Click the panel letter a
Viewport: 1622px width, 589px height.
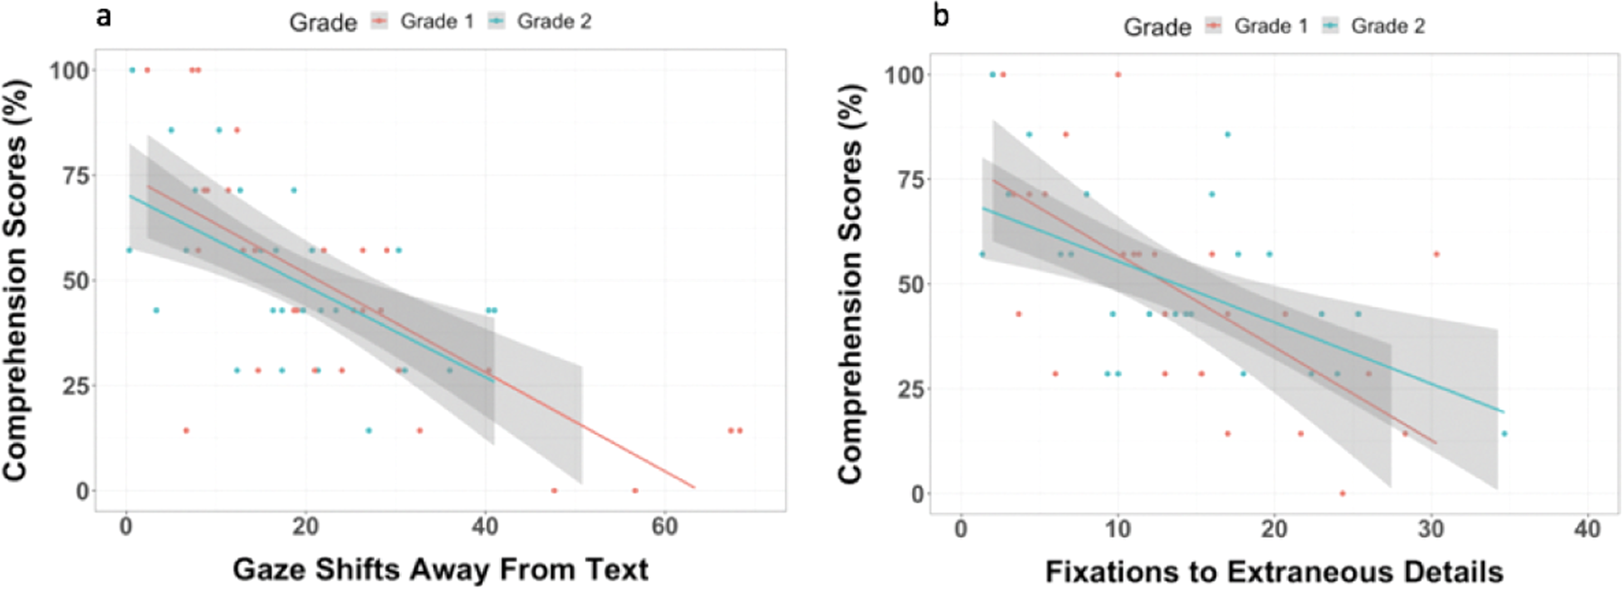pyautogui.click(x=105, y=16)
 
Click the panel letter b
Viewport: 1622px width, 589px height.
pyautogui.click(x=941, y=16)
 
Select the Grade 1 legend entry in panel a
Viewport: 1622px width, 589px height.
pyautogui.click(x=422, y=22)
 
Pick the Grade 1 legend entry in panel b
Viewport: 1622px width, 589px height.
pyautogui.click(x=1256, y=26)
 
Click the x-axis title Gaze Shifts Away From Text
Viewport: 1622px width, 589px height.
pyautogui.click(x=440, y=569)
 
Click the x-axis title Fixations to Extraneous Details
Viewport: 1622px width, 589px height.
pyautogui.click(x=1273, y=572)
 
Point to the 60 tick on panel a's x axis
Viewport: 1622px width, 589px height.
pyautogui.click(x=664, y=527)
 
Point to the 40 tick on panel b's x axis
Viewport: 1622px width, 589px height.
pyautogui.click(x=1587, y=530)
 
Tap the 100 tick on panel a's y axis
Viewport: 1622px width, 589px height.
pyautogui.click(x=68, y=70)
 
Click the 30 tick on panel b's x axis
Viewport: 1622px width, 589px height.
pyautogui.click(x=1431, y=530)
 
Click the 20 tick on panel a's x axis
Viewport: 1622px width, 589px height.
pyautogui.click(x=305, y=527)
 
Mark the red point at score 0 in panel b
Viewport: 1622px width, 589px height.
pyautogui.click(x=1343, y=494)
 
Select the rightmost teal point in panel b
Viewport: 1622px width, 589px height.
pyautogui.click(x=1504, y=434)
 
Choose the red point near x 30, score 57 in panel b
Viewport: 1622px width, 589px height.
pyautogui.click(x=1436, y=254)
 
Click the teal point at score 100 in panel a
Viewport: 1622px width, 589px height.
pyautogui.click(x=132, y=69)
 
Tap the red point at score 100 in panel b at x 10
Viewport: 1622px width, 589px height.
pyautogui.click(x=1117, y=75)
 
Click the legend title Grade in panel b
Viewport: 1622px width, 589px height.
pyautogui.click(x=1157, y=27)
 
